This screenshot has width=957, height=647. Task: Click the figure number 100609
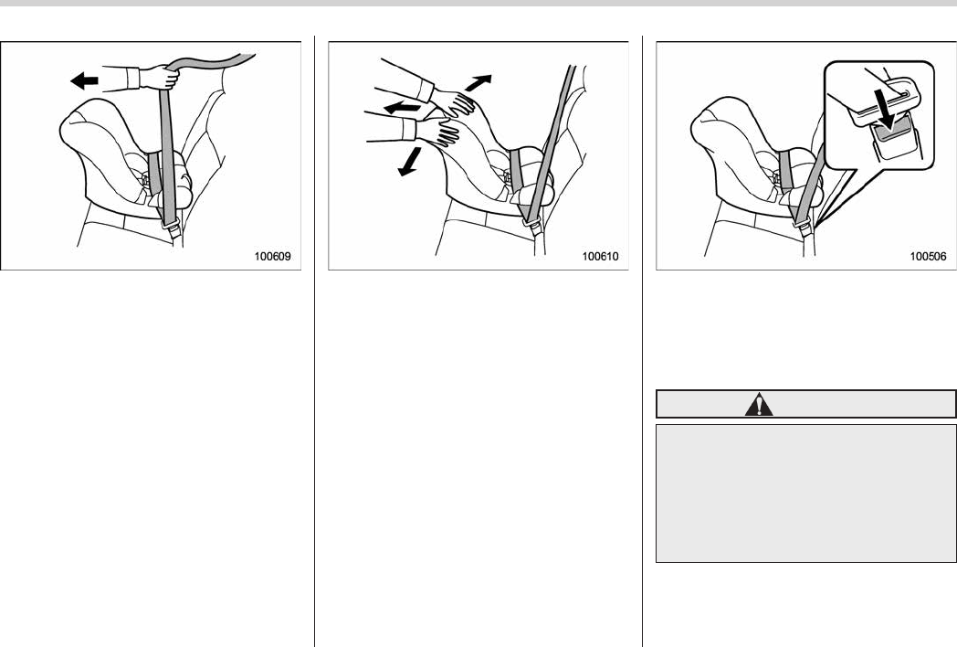coord(272,257)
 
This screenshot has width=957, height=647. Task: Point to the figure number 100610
coord(600,257)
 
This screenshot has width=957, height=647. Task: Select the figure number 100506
coord(929,257)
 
